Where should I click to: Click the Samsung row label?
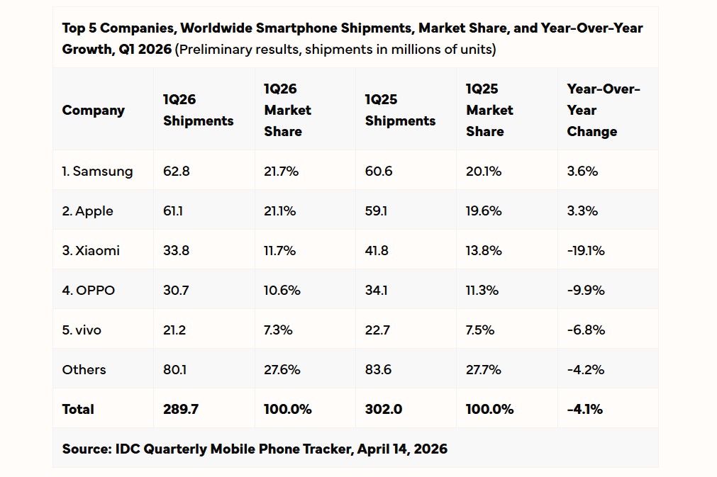(x=97, y=171)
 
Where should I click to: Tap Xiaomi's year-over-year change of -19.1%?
(x=585, y=250)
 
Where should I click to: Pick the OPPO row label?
(x=88, y=290)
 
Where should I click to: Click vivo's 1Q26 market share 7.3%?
(x=279, y=330)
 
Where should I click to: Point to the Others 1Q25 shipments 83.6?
(x=378, y=369)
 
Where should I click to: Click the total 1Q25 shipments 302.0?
(x=384, y=409)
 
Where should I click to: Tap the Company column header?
(x=93, y=110)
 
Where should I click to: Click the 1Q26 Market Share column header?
(x=288, y=110)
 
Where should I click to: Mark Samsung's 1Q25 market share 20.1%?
(x=484, y=171)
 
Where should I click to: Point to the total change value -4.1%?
(x=584, y=409)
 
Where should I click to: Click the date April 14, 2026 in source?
(x=402, y=449)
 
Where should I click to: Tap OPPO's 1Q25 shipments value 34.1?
(x=377, y=290)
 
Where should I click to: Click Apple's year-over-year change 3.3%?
(x=582, y=211)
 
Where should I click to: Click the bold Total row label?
(x=78, y=409)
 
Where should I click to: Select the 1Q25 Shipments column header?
(x=400, y=111)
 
